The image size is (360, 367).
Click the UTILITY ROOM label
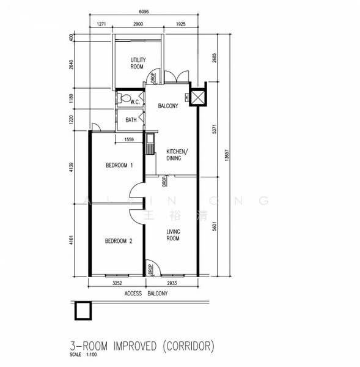[137, 63]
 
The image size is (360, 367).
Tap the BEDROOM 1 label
[119, 165]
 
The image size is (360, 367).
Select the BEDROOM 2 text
[119, 241]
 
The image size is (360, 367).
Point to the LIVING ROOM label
[173, 234]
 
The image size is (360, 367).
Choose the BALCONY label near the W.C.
[167, 106]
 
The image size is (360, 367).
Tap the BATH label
[131, 120]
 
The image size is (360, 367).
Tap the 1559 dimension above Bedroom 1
[129, 139]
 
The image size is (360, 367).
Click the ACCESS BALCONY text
[146, 294]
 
